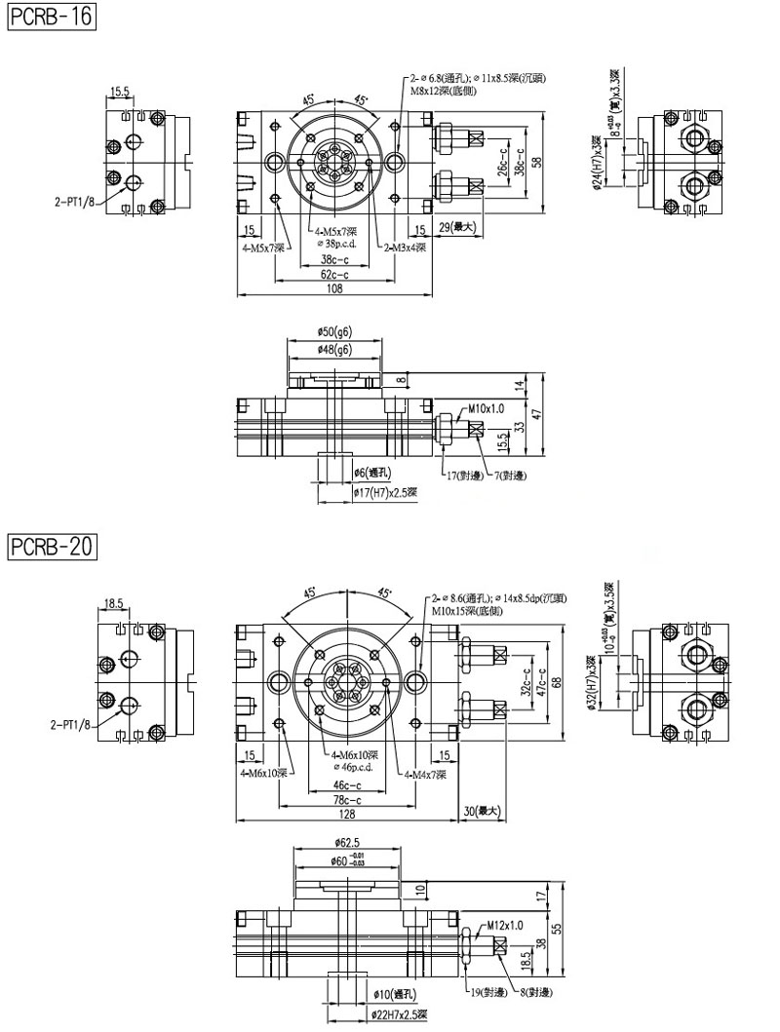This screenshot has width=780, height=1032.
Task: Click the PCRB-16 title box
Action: [x=51, y=18]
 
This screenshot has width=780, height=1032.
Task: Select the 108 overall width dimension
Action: [x=334, y=288]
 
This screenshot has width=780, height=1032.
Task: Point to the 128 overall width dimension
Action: [x=347, y=813]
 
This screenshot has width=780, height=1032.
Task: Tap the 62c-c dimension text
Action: [x=334, y=275]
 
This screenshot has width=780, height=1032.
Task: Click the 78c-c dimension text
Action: [x=347, y=799]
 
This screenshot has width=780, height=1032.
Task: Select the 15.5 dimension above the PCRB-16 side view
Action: [x=120, y=93]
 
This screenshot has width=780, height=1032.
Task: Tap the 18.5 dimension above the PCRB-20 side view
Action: [x=114, y=604]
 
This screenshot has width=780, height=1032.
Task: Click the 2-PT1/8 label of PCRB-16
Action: [x=74, y=204]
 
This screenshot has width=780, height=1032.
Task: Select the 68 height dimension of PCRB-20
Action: [x=557, y=682]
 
